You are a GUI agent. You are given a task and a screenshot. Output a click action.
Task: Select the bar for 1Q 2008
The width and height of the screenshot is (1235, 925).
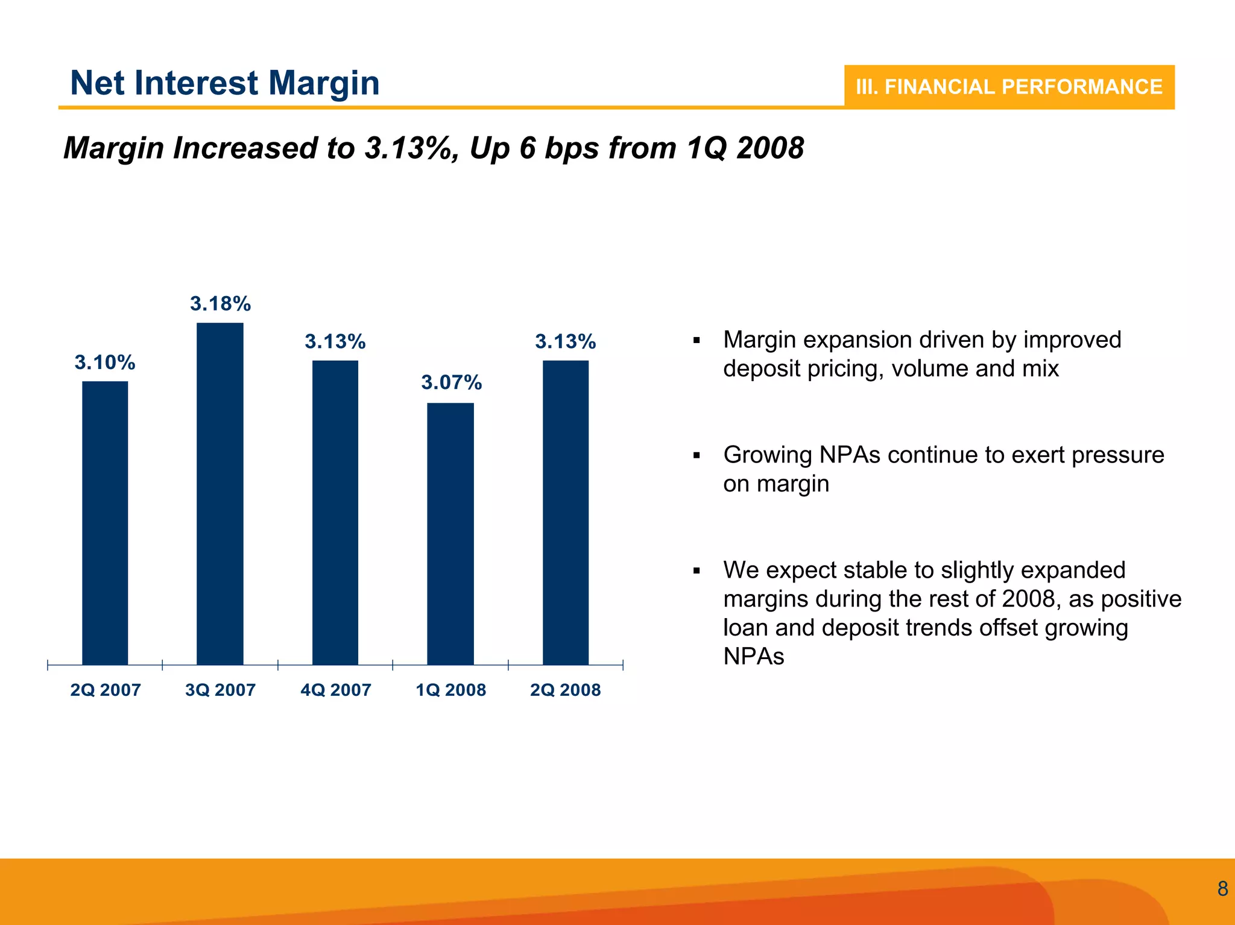(x=450, y=534)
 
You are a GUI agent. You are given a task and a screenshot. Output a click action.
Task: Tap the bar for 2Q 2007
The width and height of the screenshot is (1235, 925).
(x=105, y=523)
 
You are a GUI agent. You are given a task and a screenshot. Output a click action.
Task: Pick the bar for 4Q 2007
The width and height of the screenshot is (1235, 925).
(x=335, y=513)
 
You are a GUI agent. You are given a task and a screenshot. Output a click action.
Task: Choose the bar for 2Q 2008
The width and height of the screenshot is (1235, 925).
(x=566, y=513)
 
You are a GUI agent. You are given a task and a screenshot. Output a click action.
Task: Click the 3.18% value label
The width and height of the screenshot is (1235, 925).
(x=220, y=303)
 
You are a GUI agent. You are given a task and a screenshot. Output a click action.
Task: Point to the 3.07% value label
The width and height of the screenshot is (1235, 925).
(x=451, y=382)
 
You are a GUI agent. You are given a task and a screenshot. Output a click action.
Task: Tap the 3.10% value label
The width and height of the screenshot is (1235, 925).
(x=105, y=362)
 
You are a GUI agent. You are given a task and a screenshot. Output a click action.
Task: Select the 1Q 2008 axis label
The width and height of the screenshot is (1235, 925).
(x=450, y=690)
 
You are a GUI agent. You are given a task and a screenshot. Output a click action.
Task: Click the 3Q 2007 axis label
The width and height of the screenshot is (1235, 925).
(x=220, y=690)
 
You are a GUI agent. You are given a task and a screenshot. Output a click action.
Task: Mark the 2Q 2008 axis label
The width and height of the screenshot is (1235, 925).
(x=566, y=690)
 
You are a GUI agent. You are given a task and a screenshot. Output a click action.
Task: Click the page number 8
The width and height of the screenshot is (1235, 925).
(x=1222, y=889)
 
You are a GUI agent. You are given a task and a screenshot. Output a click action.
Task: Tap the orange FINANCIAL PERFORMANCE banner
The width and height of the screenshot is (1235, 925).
(x=1009, y=87)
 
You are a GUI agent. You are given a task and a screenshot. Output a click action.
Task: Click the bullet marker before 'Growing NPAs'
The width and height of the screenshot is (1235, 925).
(x=696, y=456)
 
